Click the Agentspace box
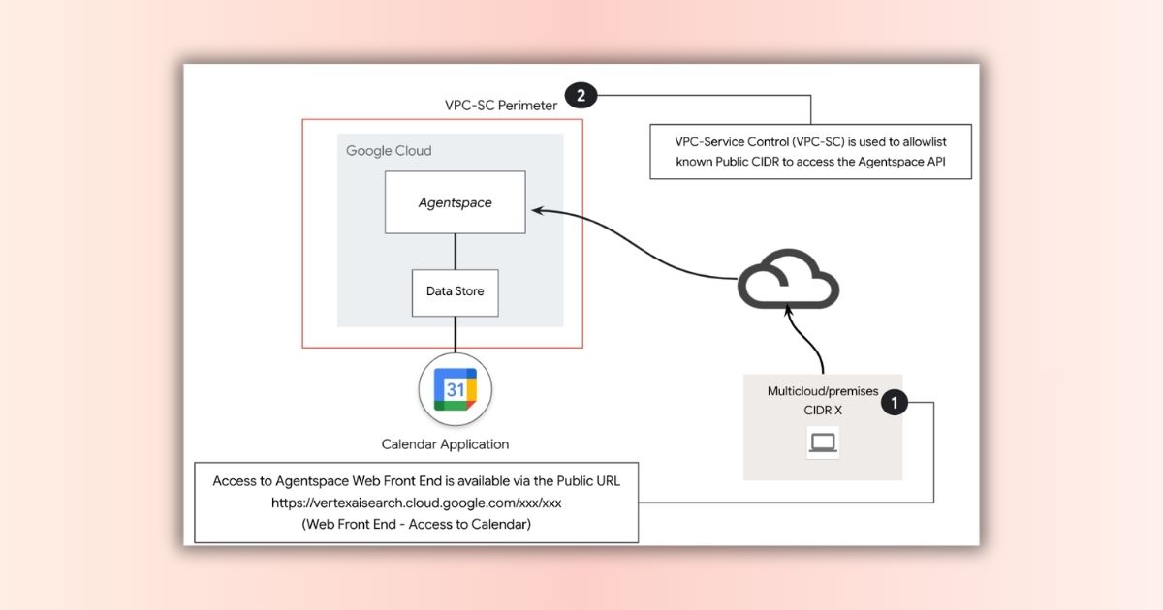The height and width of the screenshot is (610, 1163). [455, 202]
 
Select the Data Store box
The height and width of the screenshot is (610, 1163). [455, 291]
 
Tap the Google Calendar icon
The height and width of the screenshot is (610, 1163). [455, 390]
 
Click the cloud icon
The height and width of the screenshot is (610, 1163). [788, 280]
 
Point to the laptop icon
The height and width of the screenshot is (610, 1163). [823, 443]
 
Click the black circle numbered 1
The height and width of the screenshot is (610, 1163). [895, 402]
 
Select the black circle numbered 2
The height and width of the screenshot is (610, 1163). [581, 95]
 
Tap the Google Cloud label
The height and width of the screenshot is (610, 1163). [389, 151]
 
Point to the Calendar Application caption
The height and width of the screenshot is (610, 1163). [445, 444]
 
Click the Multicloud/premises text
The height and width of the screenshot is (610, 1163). [823, 392]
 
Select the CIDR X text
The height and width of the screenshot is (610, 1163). [823, 410]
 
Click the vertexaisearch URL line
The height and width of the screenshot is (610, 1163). [416, 503]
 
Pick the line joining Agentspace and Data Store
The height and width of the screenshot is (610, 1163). [455, 251]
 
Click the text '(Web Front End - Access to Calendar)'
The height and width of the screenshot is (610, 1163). [416, 524]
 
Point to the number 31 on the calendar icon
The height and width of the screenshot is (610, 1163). [455, 389]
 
